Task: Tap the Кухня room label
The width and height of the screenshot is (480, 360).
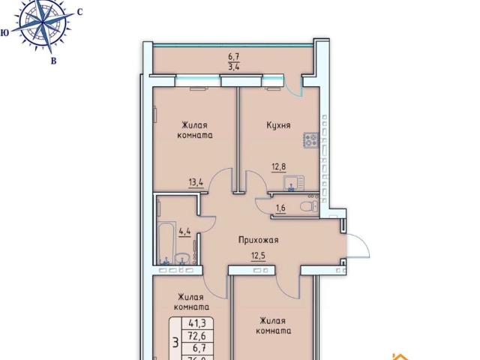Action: (x=278, y=125)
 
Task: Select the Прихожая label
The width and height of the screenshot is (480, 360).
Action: (x=259, y=240)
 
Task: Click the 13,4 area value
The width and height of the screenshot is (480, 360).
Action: (x=197, y=181)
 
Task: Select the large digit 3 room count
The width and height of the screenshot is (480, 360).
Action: (x=175, y=343)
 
